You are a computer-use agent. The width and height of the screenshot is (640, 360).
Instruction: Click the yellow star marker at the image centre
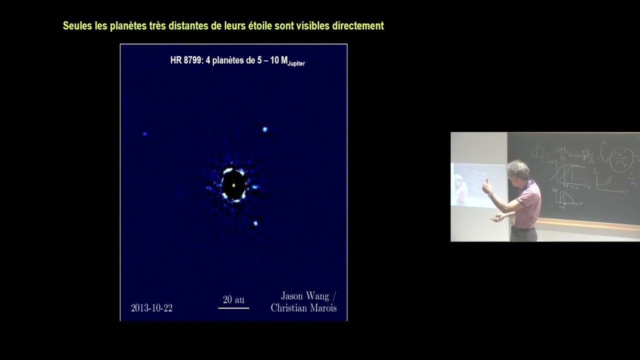point(233,185)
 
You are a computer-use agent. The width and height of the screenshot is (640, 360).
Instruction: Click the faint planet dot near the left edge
point(145,134)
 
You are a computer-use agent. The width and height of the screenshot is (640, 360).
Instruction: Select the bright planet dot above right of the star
point(265,129)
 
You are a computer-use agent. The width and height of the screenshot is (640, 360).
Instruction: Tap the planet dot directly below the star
point(255,223)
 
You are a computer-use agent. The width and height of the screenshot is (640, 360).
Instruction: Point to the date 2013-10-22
point(151,308)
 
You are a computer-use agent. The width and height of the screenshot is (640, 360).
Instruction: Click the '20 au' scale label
point(233,299)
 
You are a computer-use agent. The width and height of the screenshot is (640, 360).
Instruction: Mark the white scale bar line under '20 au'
point(233,307)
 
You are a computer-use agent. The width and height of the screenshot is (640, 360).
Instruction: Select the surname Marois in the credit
point(320,308)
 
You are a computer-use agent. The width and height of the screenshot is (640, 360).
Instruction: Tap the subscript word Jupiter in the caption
point(296,64)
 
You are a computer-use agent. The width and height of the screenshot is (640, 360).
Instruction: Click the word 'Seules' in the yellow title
point(77,25)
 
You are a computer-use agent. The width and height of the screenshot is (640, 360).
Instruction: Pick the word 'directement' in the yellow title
point(358,25)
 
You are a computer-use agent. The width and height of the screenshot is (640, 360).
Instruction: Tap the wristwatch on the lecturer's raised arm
point(491,194)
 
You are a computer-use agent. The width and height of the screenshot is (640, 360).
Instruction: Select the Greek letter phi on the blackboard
point(538,152)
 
